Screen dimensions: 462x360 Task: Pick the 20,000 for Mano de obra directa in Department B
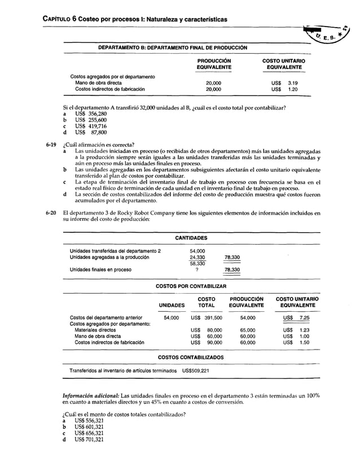(x=213, y=82)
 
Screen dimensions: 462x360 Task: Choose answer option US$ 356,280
(x=86, y=114)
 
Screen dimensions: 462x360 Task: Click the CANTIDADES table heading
(x=191, y=238)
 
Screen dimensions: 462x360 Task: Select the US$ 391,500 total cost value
(x=206, y=318)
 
